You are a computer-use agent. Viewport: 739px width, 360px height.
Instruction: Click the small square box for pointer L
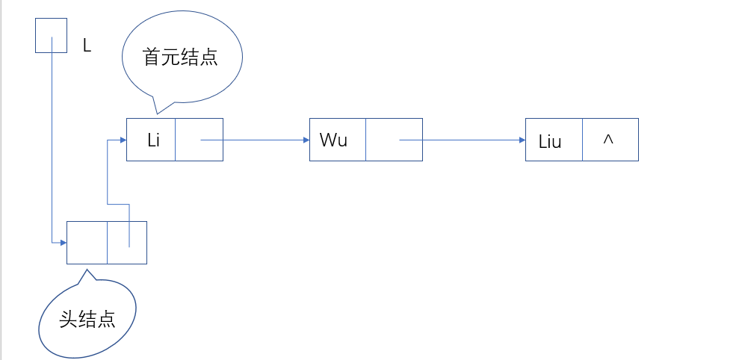pyautogui.click(x=52, y=36)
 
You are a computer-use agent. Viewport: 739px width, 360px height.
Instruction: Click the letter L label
pyautogui.click(x=87, y=46)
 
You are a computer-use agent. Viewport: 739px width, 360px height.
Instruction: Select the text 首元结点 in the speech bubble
pyautogui.click(x=180, y=58)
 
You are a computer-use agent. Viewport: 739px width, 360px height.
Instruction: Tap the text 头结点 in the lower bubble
pyautogui.click(x=87, y=319)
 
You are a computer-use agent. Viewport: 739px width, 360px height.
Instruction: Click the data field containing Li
pyautogui.click(x=151, y=140)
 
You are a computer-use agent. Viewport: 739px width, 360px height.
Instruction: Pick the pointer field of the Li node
pyautogui.click(x=199, y=140)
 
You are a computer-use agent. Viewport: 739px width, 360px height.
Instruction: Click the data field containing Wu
pyautogui.click(x=337, y=140)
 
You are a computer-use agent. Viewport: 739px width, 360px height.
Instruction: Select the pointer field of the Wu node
pyautogui.click(x=394, y=140)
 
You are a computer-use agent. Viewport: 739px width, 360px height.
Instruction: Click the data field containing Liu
pyautogui.click(x=553, y=140)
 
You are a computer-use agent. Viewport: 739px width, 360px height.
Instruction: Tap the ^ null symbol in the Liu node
pyautogui.click(x=608, y=140)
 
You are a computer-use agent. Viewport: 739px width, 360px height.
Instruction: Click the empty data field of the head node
pyautogui.click(x=87, y=243)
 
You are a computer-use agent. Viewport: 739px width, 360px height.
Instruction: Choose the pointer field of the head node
pyautogui.click(x=126, y=243)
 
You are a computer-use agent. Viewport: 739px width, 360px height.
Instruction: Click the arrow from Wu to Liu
pyautogui.click(x=463, y=140)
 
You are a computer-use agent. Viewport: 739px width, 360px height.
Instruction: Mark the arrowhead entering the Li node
pyautogui.click(x=121, y=140)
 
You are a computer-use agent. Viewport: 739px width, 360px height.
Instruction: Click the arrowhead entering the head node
pyautogui.click(x=62, y=243)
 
